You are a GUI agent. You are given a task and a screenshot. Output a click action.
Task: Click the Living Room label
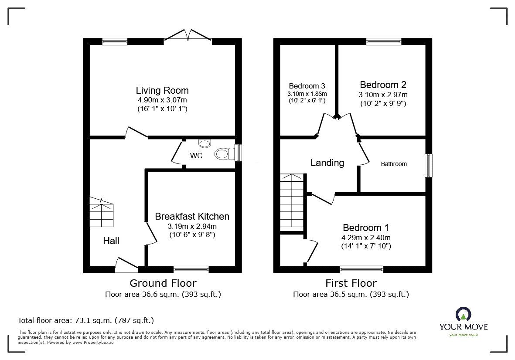pyautogui.click(x=162, y=91)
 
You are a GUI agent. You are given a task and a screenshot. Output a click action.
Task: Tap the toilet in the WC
pyautogui.click(x=223, y=153)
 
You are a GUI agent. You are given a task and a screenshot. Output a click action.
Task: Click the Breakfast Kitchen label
pyautogui.click(x=192, y=216)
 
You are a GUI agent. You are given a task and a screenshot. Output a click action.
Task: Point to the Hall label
pyautogui.click(x=111, y=241)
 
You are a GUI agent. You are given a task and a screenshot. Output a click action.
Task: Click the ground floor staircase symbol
pyautogui.click(x=102, y=211)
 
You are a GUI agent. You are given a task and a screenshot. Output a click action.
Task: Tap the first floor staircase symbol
pyautogui.click(x=292, y=202)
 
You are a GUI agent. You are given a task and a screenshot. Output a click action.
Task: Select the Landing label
pyautogui.click(x=327, y=163)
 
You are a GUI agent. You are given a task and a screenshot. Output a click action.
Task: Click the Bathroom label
pyautogui.click(x=394, y=164)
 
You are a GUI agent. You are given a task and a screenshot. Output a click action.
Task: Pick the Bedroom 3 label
pyautogui.click(x=307, y=86)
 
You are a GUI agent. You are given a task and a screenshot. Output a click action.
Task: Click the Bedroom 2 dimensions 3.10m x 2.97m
pyautogui.click(x=383, y=95)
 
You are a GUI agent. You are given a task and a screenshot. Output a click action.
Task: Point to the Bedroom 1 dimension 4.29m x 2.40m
pyautogui.click(x=366, y=238)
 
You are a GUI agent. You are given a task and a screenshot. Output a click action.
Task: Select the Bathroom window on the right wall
pyautogui.click(x=429, y=165)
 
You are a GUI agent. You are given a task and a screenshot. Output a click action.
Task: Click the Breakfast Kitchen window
pyautogui.click(x=191, y=269)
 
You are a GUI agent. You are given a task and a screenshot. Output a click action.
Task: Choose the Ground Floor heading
pyautogui.click(x=164, y=283)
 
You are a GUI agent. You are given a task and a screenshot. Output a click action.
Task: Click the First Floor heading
pyautogui.click(x=351, y=283)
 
